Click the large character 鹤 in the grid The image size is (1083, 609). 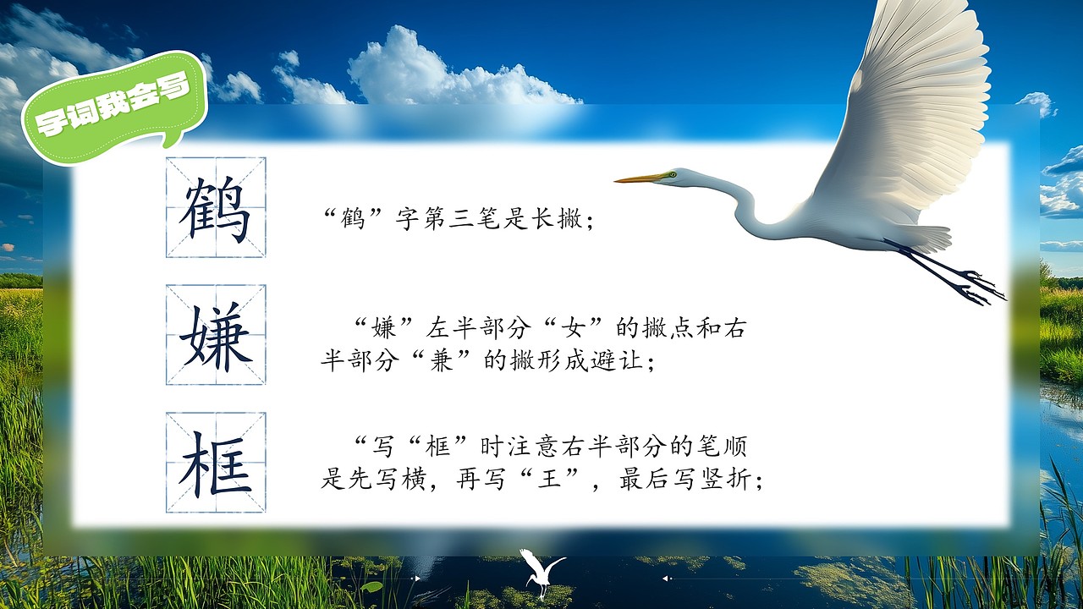coord(216,208)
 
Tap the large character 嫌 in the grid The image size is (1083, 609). coord(216,335)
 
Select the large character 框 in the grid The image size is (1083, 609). coord(216,463)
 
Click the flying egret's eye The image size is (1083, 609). coord(672,175)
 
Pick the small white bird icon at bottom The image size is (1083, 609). coord(541,571)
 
